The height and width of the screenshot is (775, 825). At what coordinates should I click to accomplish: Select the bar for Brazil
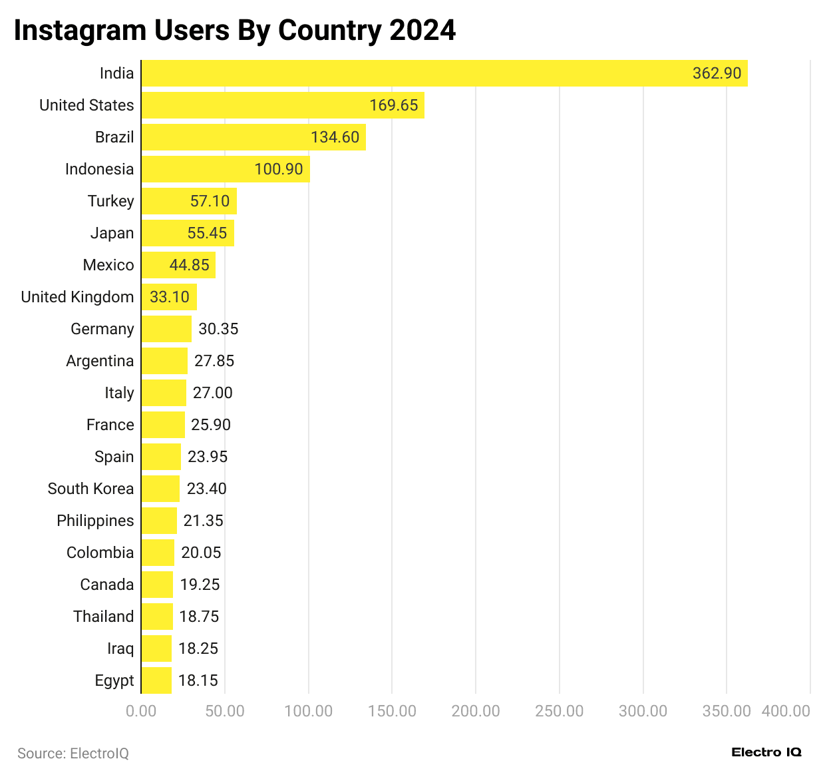[253, 137]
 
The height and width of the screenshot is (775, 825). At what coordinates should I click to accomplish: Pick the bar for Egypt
[156, 680]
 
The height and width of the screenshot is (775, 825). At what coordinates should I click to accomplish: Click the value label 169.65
[394, 105]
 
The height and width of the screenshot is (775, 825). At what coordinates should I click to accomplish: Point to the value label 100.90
[279, 169]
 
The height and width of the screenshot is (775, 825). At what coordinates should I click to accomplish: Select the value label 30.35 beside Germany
[218, 329]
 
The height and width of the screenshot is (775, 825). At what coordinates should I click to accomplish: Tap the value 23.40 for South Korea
[206, 489]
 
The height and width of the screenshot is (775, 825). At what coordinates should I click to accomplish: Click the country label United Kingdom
[77, 297]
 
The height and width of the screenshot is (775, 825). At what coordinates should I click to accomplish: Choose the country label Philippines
[95, 521]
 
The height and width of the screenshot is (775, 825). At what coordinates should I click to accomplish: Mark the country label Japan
[112, 233]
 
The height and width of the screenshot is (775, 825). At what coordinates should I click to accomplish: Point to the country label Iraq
[120, 648]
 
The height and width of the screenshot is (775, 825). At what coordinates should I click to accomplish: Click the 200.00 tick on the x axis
[476, 711]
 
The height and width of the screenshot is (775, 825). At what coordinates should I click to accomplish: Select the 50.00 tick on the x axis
[225, 711]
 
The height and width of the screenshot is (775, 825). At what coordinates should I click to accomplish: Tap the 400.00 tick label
[786, 711]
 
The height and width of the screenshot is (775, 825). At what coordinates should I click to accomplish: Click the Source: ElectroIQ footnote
[73, 753]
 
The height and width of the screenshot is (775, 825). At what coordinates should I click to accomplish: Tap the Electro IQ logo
[766, 752]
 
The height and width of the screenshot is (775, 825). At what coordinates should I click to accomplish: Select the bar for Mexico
[178, 265]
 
